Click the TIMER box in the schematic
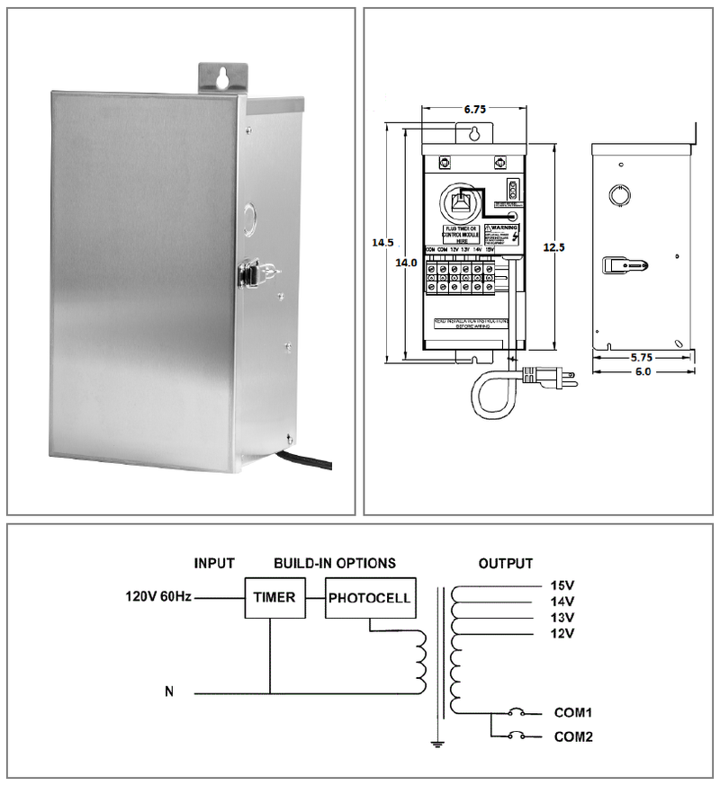(x=274, y=597)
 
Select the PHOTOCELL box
(x=370, y=598)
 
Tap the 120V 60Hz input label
(x=158, y=597)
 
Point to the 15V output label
(x=562, y=585)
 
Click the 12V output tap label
(x=562, y=634)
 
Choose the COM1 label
(x=572, y=712)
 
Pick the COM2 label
(x=572, y=736)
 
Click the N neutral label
(x=169, y=692)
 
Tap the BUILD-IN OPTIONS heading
(x=335, y=564)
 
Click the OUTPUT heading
(x=505, y=564)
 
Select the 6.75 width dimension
(x=475, y=109)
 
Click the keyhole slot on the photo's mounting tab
(x=220, y=78)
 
